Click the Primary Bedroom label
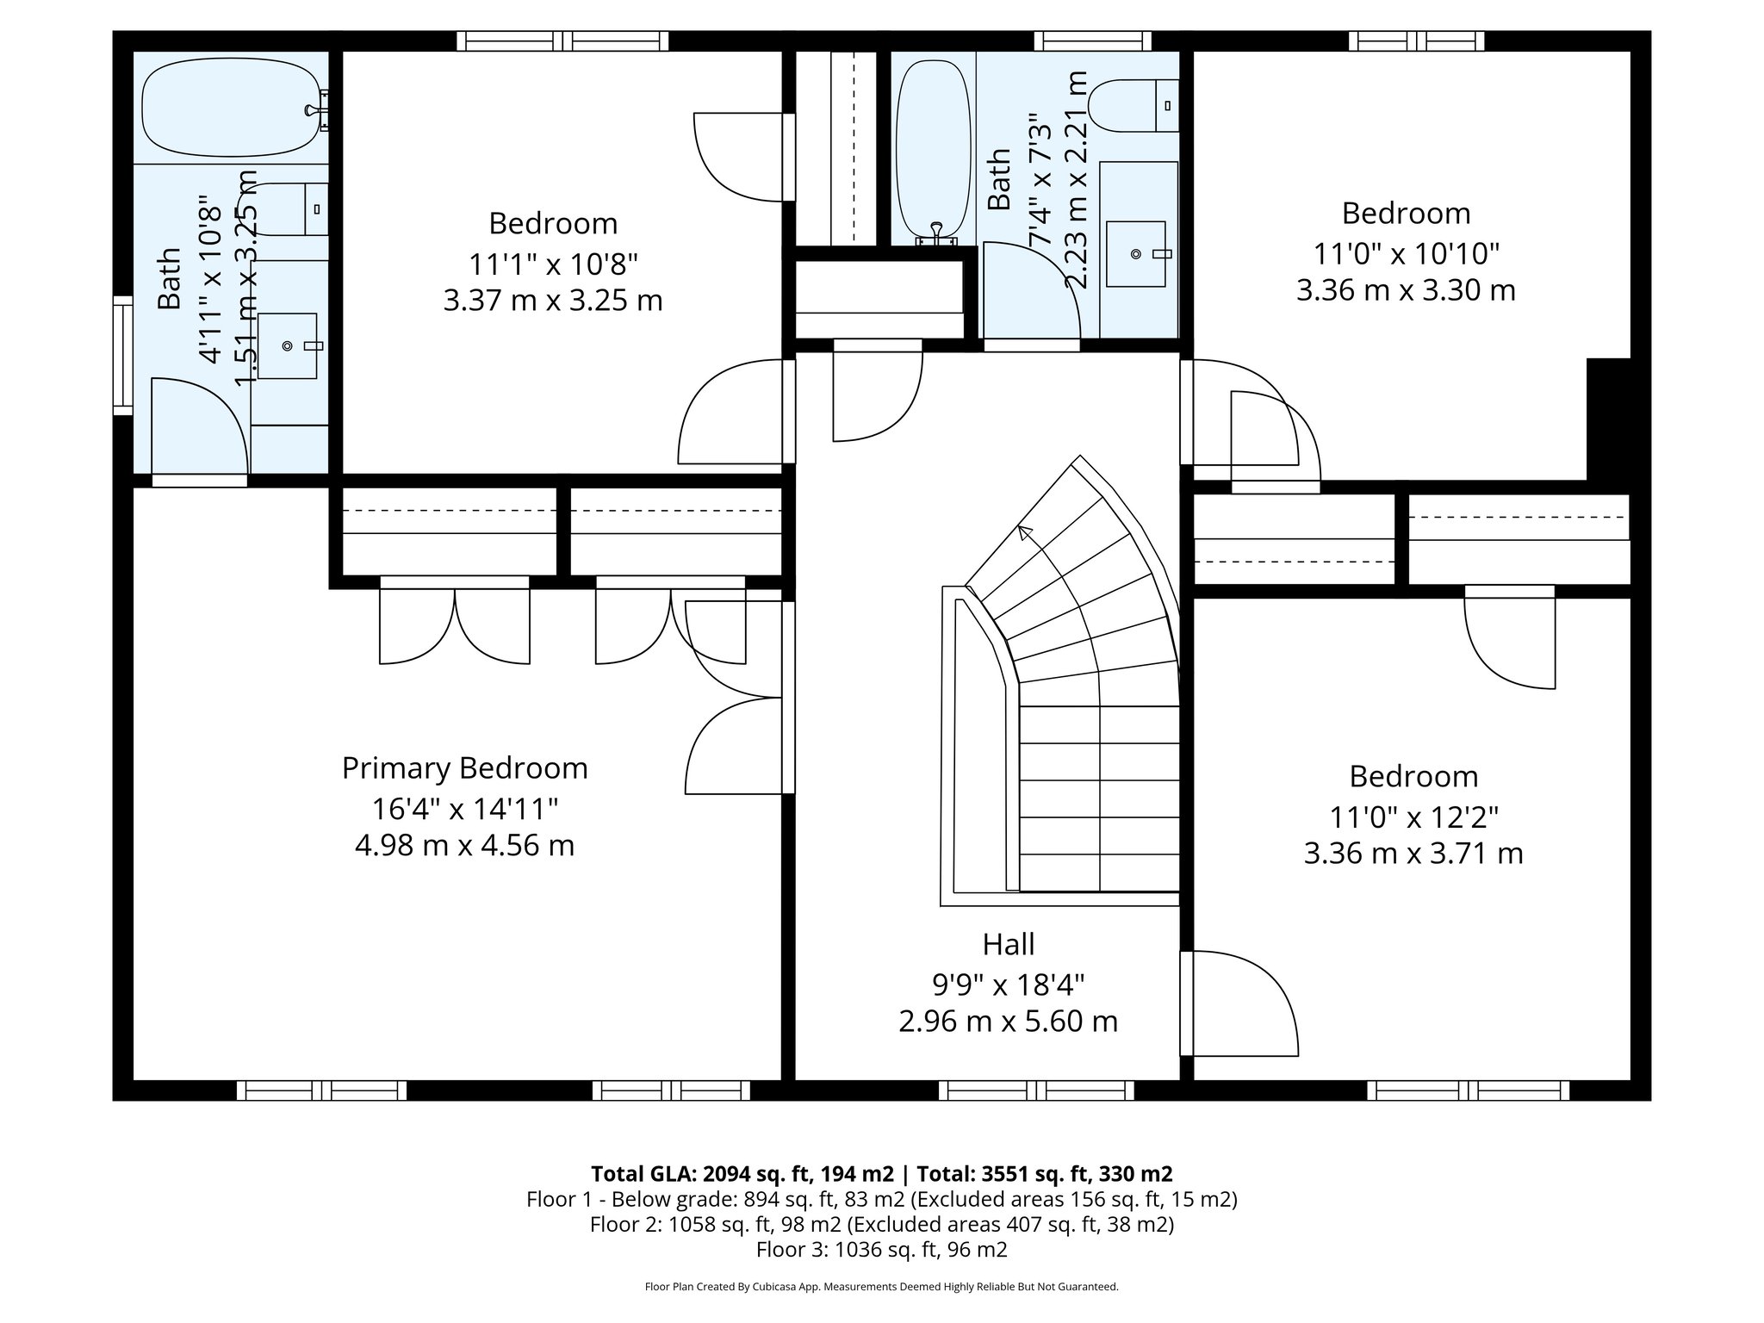[464, 767]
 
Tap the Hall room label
[1008, 944]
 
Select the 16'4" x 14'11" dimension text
[464, 808]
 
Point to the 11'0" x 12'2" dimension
[1413, 816]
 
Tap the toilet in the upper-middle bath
[1134, 106]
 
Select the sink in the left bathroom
[289, 346]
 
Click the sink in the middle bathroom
[1137, 253]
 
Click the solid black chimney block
[1608, 418]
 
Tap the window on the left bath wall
[123, 356]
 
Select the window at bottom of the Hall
[1036, 1090]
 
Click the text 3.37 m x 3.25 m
[553, 301]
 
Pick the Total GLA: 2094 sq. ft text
[742, 1174]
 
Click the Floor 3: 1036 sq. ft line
[882, 1249]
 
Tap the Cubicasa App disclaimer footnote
[882, 1287]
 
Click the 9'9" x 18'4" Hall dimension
[1008, 984]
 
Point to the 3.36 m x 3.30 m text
[1406, 290]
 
